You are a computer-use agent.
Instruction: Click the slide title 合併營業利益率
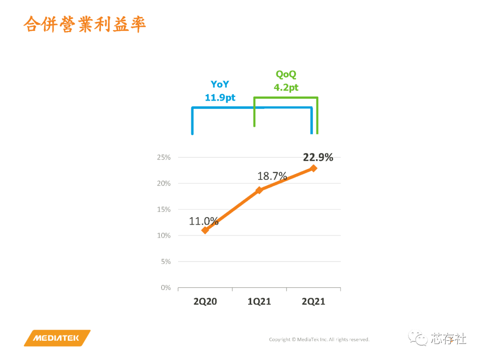(85, 25)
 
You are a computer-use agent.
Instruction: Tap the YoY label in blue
(220, 84)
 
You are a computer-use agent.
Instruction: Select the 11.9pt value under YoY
(220, 97)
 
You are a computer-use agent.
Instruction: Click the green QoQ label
(286, 75)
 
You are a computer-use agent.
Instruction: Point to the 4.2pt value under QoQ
(286, 87)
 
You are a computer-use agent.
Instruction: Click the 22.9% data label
(318, 157)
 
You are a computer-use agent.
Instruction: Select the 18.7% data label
(272, 176)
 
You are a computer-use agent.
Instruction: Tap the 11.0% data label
(204, 221)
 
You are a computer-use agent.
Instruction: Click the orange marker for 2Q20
(205, 230)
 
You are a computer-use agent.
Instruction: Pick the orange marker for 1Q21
(259, 190)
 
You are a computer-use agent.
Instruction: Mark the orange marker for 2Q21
(314, 168)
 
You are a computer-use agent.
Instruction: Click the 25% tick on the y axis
(164, 158)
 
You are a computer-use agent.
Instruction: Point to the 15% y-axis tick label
(164, 209)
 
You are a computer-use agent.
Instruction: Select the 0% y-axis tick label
(166, 288)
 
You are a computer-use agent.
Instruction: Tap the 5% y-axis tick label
(166, 262)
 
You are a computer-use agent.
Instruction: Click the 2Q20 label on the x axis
(205, 302)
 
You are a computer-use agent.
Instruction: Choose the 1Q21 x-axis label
(259, 302)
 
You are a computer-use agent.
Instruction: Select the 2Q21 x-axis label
(313, 302)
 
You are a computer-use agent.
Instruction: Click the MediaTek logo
(57, 338)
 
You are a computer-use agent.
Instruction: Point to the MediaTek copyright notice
(319, 339)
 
